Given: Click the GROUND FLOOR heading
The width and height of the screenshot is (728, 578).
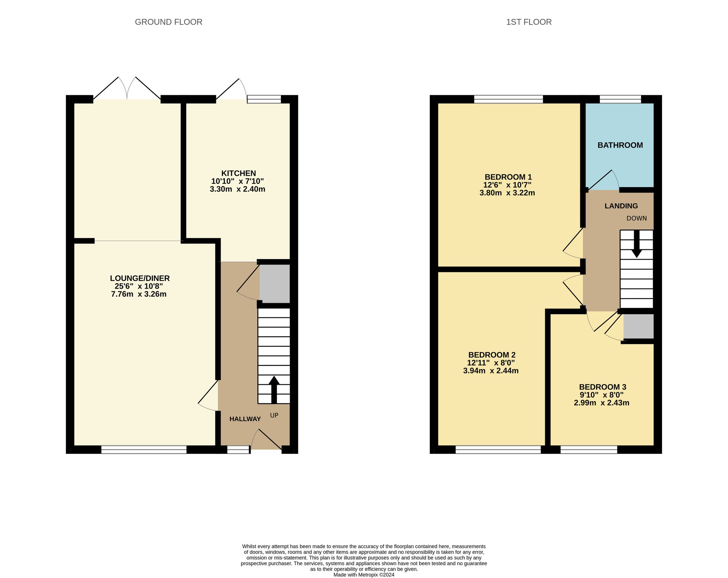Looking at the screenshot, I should tap(169, 22).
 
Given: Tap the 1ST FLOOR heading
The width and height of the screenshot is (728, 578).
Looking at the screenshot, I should tap(529, 22).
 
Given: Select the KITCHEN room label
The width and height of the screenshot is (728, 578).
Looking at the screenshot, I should tap(238, 173).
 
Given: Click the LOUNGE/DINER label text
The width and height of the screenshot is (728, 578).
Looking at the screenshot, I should tap(140, 278).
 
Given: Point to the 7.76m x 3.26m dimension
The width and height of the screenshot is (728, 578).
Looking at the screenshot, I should tap(139, 294).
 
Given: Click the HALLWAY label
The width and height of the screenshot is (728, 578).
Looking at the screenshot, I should tap(245, 419).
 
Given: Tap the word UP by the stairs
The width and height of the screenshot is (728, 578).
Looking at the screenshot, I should tap(274, 415).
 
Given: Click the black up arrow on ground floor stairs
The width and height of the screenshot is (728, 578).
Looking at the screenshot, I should tap(274, 389).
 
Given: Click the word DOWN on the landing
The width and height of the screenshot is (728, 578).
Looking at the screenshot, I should tap(637, 218).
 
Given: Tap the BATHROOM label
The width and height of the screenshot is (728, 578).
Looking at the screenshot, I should tap(620, 145).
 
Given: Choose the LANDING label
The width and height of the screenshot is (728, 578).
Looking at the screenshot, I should tap(621, 206).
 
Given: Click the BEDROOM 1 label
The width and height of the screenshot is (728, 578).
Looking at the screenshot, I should tap(508, 177).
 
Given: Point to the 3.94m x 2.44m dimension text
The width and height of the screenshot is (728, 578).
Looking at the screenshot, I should tap(491, 371).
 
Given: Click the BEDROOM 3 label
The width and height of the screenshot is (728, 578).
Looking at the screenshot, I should tap(602, 387).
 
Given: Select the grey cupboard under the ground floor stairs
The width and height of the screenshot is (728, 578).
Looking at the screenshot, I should tap(274, 284).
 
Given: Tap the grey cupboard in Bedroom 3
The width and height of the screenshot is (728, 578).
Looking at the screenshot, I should tap(638, 326).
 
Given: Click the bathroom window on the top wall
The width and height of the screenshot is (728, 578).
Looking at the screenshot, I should tap(620, 99).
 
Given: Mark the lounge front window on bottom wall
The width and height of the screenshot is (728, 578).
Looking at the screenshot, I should tap(144, 450).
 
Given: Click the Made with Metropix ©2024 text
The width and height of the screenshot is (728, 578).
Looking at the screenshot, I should tap(364, 575).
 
